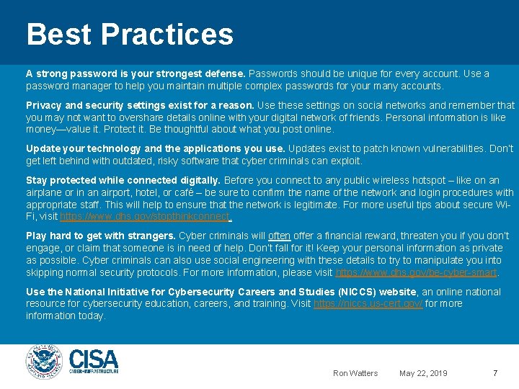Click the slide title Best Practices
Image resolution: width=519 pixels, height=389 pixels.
pos(130,35)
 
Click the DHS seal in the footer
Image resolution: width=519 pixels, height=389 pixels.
pos(45,362)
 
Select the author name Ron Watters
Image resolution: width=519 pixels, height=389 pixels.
pos(355,373)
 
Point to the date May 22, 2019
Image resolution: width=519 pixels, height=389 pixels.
pos(423,373)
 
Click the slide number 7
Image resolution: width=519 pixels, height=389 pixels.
pos(494,373)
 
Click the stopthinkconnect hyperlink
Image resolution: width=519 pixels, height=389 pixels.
pos(145,217)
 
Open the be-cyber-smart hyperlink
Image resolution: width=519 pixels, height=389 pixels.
pos(417,273)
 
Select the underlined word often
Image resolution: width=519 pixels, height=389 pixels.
pos(279,236)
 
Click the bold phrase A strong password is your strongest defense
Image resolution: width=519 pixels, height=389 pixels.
pos(136,74)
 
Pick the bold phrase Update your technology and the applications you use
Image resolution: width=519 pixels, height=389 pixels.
pos(156,149)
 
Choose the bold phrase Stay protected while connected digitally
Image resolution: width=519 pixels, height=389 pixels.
pos(123,180)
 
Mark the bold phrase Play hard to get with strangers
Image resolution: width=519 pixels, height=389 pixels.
pos(101,236)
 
